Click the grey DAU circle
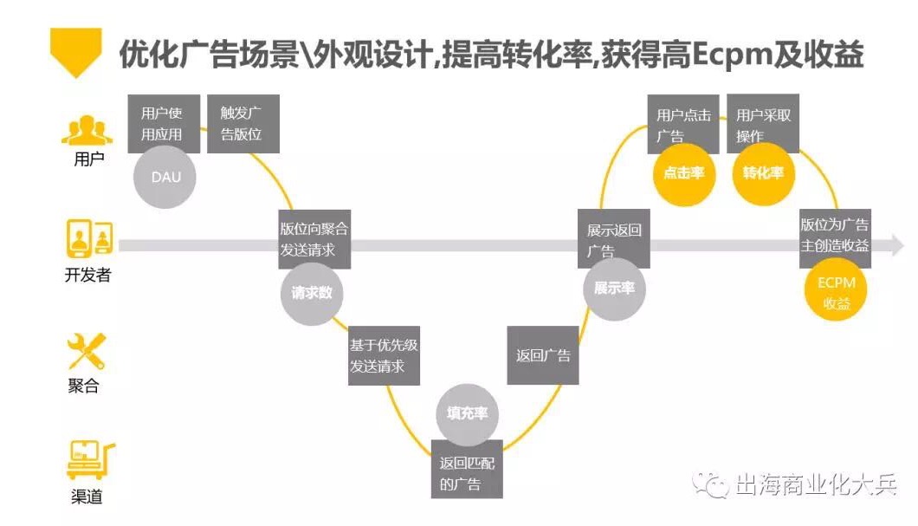click(x=165, y=178)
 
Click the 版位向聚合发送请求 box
click(x=314, y=238)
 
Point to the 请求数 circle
click(x=312, y=293)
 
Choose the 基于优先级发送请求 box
click(x=384, y=355)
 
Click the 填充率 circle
click(x=467, y=413)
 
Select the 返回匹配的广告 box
click(x=467, y=469)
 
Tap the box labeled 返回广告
click(x=543, y=355)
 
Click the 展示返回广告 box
click(x=614, y=238)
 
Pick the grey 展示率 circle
click(x=614, y=289)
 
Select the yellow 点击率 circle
click(x=684, y=173)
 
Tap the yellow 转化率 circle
click(x=763, y=173)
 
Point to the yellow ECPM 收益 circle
click(x=836, y=293)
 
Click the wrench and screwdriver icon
click(x=87, y=351)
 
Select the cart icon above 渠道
click(x=89, y=460)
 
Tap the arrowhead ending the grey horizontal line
click(x=896, y=246)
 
